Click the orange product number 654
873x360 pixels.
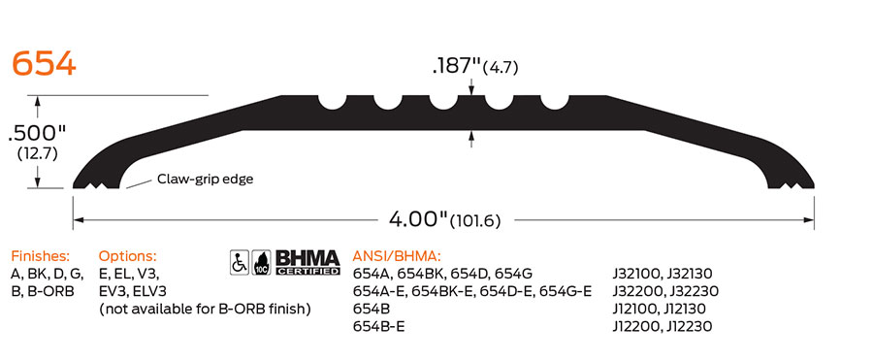tap(44, 64)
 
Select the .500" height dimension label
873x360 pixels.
tap(37, 133)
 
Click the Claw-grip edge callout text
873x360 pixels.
tap(205, 180)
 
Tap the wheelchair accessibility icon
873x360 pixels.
tap(240, 262)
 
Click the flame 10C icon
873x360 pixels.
tap(261, 262)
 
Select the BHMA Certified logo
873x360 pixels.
tap(307, 262)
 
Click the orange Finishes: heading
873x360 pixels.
tap(41, 256)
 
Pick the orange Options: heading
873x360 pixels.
tap(127, 256)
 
